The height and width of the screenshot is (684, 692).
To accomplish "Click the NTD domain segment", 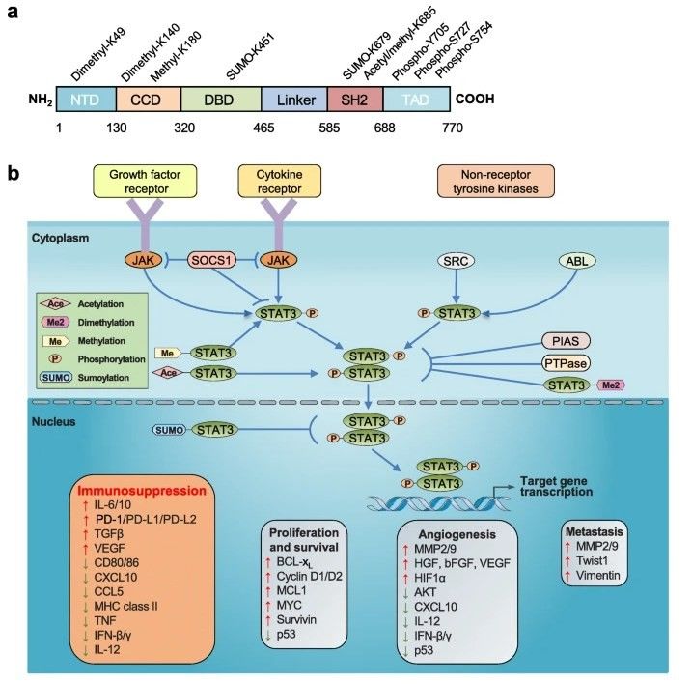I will [85, 100].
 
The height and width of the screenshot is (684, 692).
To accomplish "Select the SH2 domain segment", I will [354, 100].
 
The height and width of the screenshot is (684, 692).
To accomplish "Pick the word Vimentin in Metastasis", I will [598, 576].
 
